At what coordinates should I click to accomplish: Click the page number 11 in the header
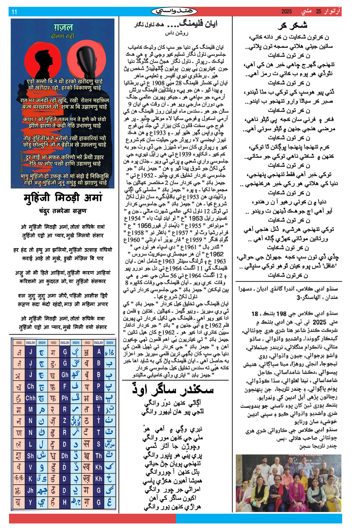tap(14, 12)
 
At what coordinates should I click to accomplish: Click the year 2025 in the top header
tap(286, 12)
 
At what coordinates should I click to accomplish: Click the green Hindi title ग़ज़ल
tap(63, 27)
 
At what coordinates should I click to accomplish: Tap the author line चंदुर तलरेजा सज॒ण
tap(63, 211)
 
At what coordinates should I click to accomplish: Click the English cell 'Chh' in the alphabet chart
tap(31, 398)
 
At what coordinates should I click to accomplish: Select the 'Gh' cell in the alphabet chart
tap(65, 375)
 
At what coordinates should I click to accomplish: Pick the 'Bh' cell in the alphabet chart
tap(99, 398)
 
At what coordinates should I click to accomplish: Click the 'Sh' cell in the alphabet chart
tap(31, 456)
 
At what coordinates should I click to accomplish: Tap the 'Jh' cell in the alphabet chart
tap(31, 490)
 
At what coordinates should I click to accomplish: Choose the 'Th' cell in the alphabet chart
tap(99, 456)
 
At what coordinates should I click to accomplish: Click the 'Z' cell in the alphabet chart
tap(64, 421)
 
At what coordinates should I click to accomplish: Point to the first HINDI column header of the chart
tap(19, 343)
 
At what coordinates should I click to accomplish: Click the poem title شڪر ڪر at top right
tap(292, 25)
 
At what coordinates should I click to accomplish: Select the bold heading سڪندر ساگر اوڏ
tap(173, 390)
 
